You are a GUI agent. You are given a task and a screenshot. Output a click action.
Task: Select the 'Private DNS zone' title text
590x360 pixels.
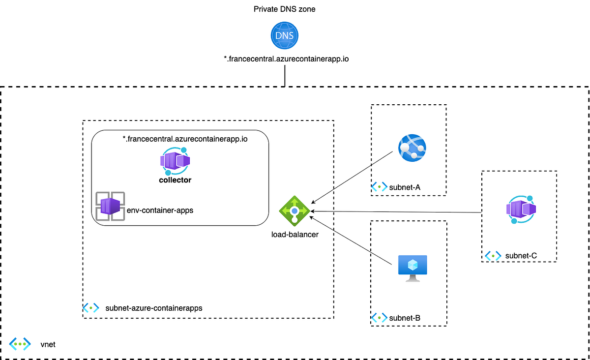(x=285, y=9)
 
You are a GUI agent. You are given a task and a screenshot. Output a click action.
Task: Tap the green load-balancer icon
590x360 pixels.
(x=294, y=211)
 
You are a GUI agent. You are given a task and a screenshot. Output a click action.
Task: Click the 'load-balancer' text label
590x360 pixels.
(x=295, y=235)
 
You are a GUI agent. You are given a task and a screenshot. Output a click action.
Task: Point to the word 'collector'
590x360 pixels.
(x=175, y=180)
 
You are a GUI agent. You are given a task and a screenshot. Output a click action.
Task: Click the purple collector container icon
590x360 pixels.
(x=175, y=160)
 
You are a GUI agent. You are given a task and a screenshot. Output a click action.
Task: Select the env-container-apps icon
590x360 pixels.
(x=110, y=207)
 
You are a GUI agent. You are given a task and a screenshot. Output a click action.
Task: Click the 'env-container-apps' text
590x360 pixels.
(x=160, y=210)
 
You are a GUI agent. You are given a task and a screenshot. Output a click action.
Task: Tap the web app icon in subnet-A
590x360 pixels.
(x=412, y=148)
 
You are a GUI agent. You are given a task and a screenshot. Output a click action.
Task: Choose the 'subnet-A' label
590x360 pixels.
(x=405, y=187)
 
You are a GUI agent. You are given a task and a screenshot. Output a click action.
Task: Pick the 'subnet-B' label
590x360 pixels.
(x=405, y=318)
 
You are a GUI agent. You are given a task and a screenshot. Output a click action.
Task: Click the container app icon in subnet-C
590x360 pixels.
(x=521, y=210)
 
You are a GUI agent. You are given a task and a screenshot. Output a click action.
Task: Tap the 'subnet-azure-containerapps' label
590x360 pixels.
(x=154, y=308)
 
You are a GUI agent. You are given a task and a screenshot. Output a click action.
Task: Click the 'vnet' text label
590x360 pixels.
(x=48, y=344)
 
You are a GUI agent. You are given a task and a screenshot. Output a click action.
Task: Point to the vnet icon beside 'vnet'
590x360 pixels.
(x=20, y=344)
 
